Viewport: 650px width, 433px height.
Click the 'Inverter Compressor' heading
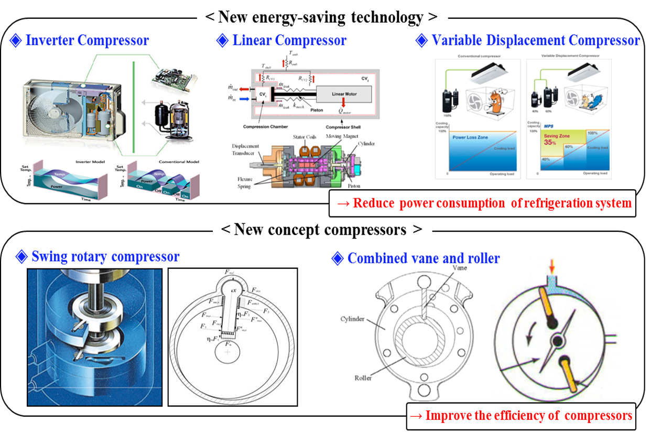point(87,40)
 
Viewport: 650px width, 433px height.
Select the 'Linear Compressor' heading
point(289,40)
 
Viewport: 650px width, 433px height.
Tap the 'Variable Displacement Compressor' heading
point(535,40)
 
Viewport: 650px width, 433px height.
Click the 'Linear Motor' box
point(344,94)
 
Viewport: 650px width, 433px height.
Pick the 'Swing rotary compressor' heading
point(105,256)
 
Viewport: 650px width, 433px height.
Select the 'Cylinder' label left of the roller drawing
point(355,318)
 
